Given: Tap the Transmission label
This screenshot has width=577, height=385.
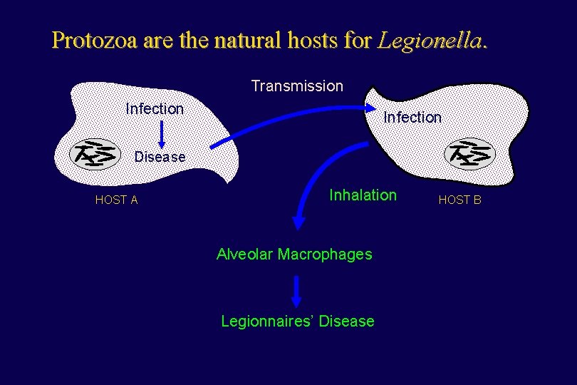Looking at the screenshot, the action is point(297,86).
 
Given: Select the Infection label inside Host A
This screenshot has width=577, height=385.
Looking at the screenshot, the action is point(155,108).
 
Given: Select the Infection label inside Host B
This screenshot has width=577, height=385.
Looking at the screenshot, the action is point(412,117).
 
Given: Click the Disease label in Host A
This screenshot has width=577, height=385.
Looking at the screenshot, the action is point(160,157).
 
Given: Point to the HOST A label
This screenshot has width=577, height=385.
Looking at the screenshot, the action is point(116,200).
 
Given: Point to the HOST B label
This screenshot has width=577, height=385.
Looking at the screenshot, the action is point(459,200).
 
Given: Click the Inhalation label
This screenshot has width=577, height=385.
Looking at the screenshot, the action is point(363,195).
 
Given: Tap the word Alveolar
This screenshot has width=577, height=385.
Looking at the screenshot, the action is point(245,255).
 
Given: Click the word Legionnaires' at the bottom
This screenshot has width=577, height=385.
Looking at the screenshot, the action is point(268,322).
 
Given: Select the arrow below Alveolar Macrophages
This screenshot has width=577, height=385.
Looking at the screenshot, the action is point(297,290).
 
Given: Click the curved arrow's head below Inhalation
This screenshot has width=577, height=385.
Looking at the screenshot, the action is point(299,222).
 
